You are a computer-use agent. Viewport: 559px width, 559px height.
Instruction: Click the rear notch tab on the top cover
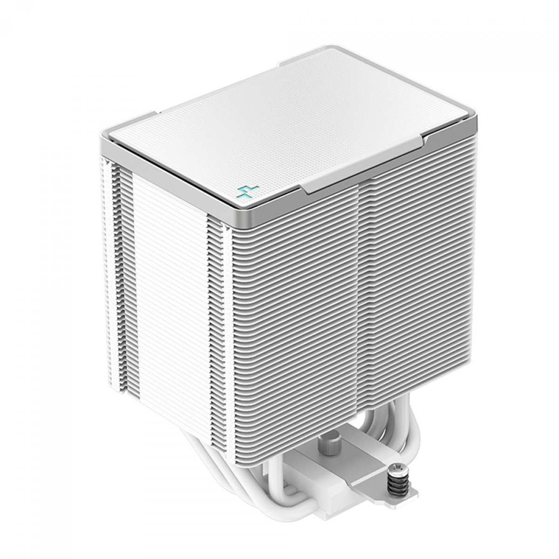pyautogui.click(x=298, y=63)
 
